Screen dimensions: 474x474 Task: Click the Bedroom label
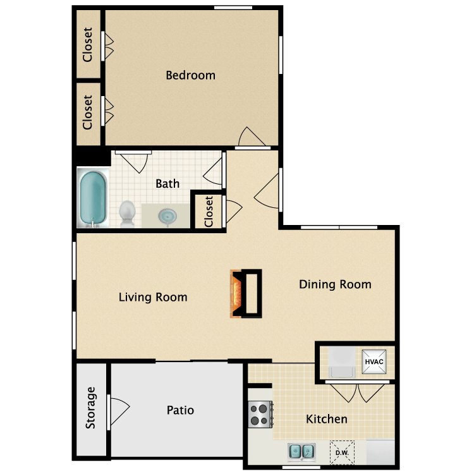(x=190, y=75)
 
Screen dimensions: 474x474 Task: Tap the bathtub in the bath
(x=93, y=197)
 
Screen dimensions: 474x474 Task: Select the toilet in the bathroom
(x=127, y=214)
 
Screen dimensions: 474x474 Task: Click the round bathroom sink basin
(x=167, y=216)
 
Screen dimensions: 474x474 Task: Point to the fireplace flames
(x=236, y=293)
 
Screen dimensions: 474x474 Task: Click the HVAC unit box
(x=374, y=362)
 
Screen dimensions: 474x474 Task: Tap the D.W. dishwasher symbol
(x=342, y=453)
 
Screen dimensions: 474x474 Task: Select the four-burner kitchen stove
(x=260, y=414)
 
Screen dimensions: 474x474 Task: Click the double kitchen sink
(x=301, y=453)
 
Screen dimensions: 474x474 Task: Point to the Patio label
(x=181, y=410)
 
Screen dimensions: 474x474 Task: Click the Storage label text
(x=90, y=408)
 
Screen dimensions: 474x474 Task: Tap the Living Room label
(x=153, y=297)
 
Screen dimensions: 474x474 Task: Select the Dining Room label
(x=335, y=284)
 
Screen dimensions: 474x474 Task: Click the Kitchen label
(x=327, y=419)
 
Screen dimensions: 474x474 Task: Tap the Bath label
(x=167, y=183)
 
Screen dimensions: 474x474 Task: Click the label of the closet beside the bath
(x=209, y=211)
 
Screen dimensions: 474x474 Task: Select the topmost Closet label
(x=87, y=45)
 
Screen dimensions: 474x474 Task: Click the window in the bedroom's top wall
(x=233, y=8)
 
